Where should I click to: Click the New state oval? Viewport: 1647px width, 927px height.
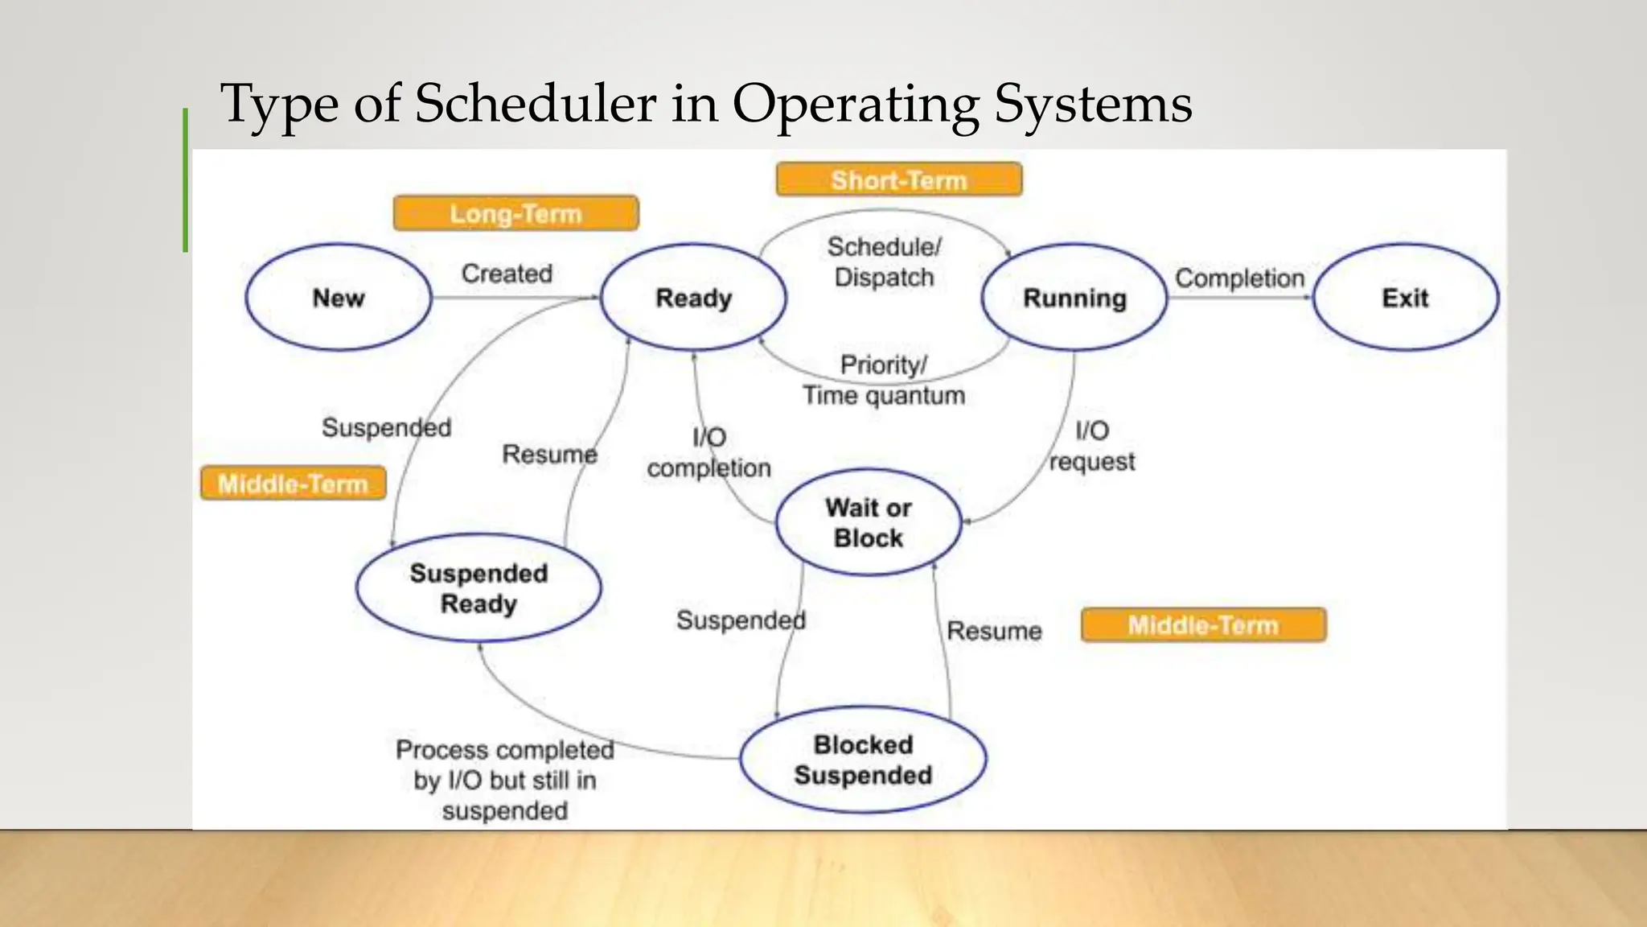point(339,298)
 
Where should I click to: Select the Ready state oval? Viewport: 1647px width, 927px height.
point(693,298)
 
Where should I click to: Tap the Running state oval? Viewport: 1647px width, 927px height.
point(1074,298)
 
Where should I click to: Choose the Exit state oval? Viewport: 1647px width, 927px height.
point(1405,298)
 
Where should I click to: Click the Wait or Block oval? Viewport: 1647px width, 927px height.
point(869,522)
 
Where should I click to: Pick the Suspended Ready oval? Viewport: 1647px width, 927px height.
point(478,588)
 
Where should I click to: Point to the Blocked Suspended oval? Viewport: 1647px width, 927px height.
point(863,760)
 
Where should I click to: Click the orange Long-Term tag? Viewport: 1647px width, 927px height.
point(515,213)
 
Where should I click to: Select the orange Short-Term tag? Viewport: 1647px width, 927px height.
point(898,179)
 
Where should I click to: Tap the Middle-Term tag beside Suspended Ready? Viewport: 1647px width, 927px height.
point(293,484)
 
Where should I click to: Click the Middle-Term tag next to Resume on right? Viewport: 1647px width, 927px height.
point(1203,625)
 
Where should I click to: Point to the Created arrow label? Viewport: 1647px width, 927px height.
point(507,274)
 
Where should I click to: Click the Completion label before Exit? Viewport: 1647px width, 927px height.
point(1239,278)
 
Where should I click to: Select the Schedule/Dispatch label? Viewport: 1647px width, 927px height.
point(884,262)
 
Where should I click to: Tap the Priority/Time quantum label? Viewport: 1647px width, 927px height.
point(884,380)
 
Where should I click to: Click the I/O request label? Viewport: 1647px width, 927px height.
point(1092,446)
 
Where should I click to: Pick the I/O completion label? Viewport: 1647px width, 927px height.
point(708,452)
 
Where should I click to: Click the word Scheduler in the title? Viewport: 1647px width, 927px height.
point(536,103)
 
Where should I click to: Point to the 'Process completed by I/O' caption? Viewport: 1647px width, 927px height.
point(505,780)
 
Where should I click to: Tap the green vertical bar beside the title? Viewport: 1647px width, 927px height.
point(186,180)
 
